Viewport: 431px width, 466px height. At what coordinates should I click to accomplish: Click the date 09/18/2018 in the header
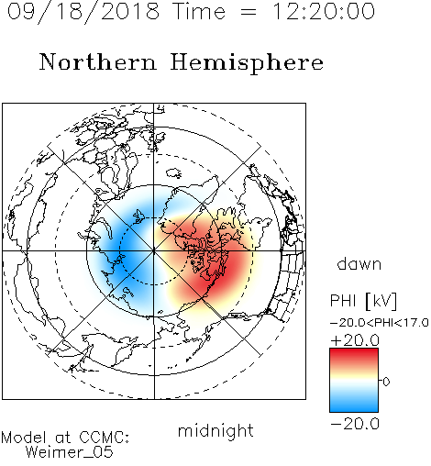point(83,12)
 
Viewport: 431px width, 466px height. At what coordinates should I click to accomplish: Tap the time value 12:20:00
point(324,11)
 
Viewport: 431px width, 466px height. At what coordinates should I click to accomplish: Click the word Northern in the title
point(98,61)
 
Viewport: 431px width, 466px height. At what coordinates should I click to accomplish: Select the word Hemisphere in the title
point(247,63)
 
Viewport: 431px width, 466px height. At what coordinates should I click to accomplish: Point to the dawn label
point(359,263)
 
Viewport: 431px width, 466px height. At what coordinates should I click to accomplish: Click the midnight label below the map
point(215,431)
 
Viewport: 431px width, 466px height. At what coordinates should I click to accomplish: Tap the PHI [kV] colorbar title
point(363,301)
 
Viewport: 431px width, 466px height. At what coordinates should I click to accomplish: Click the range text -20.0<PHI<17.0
point(380,323)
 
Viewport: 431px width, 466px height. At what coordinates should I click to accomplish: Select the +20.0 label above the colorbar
point(355,340)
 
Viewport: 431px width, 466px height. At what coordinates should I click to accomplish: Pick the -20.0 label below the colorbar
point(355,424)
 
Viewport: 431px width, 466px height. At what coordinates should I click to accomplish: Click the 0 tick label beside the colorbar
point(386,382)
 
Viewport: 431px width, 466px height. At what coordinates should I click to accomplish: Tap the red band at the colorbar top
point(354,355)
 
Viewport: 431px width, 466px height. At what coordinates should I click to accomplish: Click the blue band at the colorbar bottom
point(354,405)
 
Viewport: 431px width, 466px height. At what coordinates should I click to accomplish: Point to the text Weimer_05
point(70,452)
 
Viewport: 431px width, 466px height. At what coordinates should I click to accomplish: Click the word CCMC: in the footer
point(105,437)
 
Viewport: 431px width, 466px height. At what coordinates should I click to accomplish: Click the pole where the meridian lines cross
point(154,251)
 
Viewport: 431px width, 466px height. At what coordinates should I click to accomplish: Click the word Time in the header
point(199,11)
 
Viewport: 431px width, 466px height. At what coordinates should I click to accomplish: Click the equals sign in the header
point(249,12)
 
